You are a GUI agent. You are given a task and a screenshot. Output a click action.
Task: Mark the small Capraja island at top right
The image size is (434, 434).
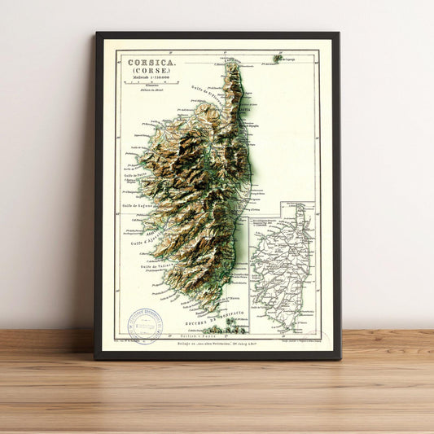tap(278, 59)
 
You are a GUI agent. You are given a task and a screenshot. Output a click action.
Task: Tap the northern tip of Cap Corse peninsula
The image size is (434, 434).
tap(234, 64)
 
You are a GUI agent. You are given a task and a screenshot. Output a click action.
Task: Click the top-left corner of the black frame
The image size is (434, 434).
tap(96, 33)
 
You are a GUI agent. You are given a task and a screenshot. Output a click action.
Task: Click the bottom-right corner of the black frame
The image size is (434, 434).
tap(340, 359)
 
